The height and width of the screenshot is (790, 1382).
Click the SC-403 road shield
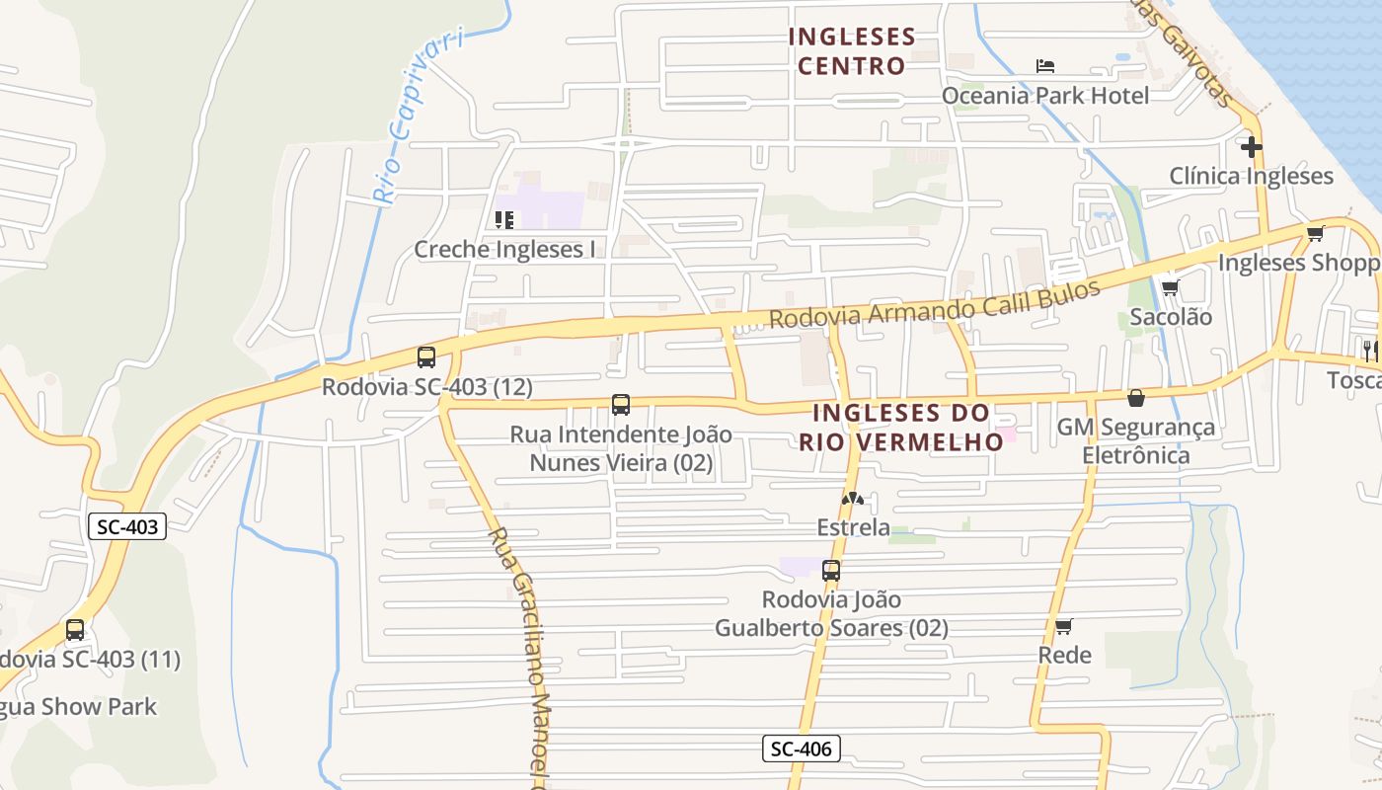[128, 526]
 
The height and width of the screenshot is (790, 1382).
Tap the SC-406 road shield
[802, 749]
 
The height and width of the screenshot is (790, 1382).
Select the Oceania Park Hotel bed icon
[1045, 66]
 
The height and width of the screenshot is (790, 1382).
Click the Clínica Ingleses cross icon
[1252, 147]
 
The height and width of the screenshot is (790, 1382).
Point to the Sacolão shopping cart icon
[1170, 288]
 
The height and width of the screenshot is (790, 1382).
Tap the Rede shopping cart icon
[1063, 626]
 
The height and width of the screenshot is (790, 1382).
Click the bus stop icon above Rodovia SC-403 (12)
[426, 357]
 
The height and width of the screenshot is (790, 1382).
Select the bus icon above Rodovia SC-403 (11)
[75, 630]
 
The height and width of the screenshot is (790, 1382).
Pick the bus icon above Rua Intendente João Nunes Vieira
[620, 404]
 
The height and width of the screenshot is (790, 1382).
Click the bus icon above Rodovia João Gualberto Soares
[831, 570]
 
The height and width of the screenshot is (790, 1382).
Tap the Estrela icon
[852, 499]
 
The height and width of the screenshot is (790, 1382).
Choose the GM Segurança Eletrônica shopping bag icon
[1136, 398]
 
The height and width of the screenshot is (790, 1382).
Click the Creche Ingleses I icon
[504, 219]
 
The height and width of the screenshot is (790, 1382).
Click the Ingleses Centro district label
[852, 51]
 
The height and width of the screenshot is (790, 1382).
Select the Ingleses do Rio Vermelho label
[901, 427]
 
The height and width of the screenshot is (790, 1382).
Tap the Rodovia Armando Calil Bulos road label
[934, 304]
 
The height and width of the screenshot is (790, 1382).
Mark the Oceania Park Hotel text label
[1045, 96]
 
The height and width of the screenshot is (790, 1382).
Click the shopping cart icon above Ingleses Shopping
[1315, 234]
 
